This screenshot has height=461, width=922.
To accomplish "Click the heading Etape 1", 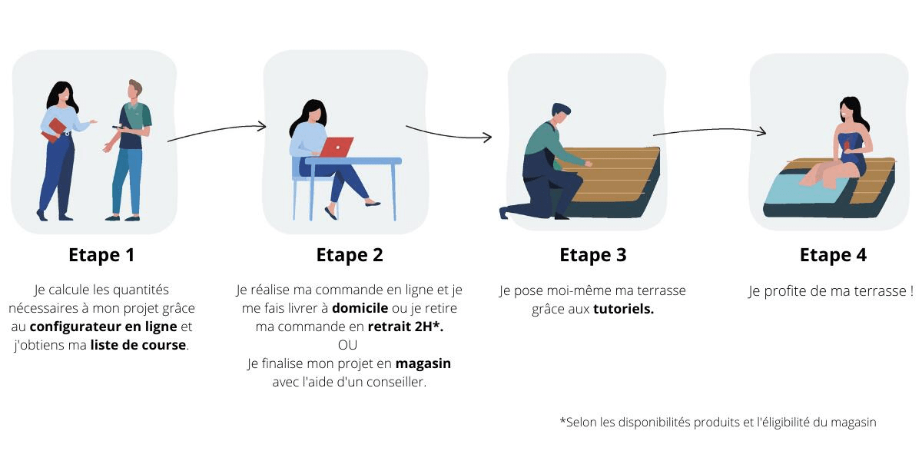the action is tap(101, 255).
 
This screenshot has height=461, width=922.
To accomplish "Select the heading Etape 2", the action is tap(350, 255).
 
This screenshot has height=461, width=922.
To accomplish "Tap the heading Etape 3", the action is tap(593, 255).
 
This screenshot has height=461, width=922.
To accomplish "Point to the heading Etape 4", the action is tap(833, 255).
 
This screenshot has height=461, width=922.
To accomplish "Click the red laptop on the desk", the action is tap(337, 147).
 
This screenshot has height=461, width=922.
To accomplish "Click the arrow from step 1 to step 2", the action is tap(217, 131).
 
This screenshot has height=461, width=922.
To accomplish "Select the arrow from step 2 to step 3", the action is tap(449, 134).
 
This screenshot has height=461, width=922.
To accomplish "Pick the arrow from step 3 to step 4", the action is tap(709, 131).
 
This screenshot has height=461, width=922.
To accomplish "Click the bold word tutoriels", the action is tap(624, 309).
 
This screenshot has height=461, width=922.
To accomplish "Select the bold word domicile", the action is tap(360, 308).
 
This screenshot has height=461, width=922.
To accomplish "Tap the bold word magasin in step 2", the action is tap(423, 364).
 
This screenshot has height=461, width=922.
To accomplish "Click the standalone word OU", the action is tap(348, 345).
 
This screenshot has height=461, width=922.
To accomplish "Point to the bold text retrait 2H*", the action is tap(406, 327).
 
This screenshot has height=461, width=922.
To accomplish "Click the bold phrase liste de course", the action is tap(138, 345).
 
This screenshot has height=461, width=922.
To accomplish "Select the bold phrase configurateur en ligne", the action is tap(103, 327).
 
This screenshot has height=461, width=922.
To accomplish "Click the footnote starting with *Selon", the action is tap(718, 423).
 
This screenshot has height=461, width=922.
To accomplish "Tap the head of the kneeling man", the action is tap(560, 113).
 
